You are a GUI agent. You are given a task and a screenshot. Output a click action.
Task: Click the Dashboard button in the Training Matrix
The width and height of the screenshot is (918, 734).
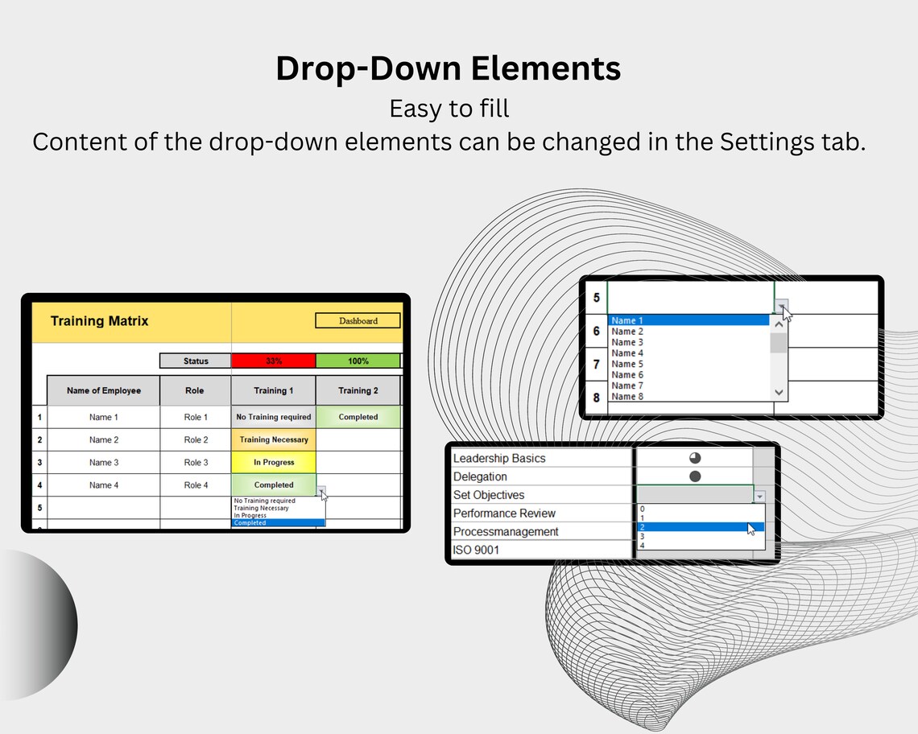[x=358, y=320]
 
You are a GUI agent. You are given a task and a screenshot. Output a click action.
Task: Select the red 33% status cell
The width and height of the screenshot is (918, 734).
[x=273, y=361]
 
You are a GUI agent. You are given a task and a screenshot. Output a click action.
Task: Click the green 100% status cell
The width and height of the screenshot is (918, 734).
[x=358, y=361]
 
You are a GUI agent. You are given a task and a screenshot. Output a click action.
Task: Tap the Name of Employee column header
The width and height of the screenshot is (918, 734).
[x=103, y=390]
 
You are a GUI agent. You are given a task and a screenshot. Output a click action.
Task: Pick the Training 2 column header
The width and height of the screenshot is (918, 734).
[x=358, y=390]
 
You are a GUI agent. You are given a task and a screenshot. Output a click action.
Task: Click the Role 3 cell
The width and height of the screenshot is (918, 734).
[x=196, y=462]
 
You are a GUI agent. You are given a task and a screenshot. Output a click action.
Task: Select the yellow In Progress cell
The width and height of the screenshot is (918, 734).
[x=274, y=462]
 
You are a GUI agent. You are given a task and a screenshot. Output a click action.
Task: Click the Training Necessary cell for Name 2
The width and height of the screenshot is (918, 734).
[x=274, y=439]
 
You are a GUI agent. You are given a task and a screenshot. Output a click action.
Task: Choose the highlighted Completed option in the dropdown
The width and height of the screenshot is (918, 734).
[x=278, y=523]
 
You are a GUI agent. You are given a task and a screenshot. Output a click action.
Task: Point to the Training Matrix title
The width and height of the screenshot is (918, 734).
[x=99, y=320]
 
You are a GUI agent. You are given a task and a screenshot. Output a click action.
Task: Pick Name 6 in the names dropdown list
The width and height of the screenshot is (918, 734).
[x=628, y=374]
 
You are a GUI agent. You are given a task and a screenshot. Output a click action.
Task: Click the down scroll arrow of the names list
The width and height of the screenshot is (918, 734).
[x=779, y=392]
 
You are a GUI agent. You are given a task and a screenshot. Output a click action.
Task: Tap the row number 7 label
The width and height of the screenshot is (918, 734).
[x=596, y=365]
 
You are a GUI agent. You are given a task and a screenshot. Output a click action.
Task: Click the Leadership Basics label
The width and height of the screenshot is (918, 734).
[x=499, y=458]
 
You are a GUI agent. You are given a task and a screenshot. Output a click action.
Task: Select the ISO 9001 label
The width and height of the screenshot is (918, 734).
[x=476, y=550]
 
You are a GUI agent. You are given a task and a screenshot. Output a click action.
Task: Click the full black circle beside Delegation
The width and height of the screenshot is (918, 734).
[x=695, y=476]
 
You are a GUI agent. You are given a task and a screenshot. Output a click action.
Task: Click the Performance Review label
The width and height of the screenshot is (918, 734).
[x=504, y=513]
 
